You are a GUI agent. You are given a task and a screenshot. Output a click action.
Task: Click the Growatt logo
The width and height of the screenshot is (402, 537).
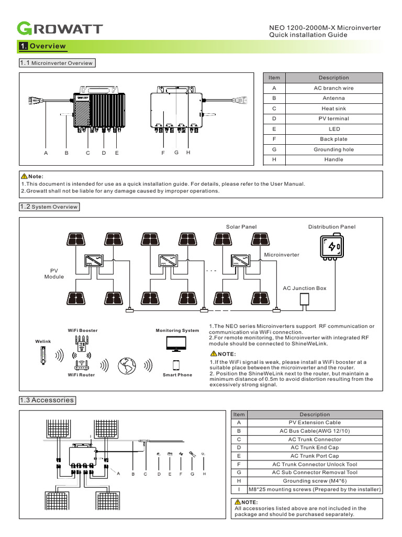60,28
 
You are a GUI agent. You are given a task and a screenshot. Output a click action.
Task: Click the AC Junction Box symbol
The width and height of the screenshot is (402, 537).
304,299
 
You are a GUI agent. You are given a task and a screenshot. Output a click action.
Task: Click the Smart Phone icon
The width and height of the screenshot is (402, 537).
177,365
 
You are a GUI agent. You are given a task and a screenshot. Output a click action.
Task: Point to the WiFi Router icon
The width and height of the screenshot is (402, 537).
82,365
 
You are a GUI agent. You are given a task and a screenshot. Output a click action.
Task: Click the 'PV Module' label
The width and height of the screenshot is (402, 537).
54,273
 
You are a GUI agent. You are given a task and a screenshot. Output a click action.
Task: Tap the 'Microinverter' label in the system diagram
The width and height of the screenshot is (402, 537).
282,255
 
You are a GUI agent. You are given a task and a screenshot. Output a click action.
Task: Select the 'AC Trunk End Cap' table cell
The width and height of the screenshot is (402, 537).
315,447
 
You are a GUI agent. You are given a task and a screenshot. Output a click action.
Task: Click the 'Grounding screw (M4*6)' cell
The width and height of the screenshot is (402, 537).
315,481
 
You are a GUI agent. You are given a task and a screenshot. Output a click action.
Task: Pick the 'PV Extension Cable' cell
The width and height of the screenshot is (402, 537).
315,422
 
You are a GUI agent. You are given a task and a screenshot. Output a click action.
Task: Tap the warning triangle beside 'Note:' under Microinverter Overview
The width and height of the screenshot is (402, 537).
24,176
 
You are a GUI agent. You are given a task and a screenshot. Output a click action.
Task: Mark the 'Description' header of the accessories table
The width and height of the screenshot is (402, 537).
315,414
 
